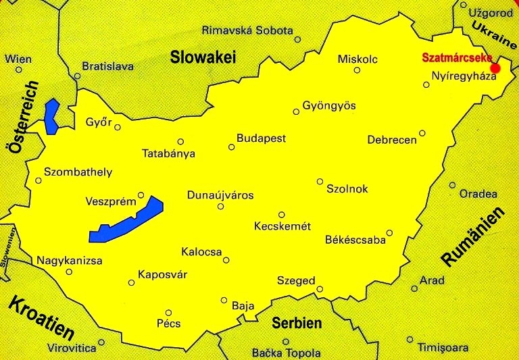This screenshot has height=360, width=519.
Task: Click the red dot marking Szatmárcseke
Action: tap(495, 68)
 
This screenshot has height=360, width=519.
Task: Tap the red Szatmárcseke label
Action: tap(457, 58)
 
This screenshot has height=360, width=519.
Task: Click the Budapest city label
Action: tap(261, 138)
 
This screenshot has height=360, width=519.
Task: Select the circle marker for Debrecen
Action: tap(422, 133)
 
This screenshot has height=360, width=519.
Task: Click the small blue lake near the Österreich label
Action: tap(51, 115)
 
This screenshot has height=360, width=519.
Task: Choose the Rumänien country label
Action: tap(474, 236)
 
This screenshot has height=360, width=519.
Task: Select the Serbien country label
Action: tap(297, 323)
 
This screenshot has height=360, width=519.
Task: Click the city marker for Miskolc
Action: tap(357, 70)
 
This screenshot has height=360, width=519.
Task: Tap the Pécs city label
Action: tap(168, 324)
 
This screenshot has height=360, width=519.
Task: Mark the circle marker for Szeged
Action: tap(320, 289)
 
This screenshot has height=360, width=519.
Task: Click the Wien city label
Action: tap(18, 59)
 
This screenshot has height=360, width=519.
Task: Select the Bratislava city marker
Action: tap(78, 76)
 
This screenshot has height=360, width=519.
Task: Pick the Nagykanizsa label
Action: tap(69, 260)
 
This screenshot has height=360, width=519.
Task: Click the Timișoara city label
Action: tap(443, 348)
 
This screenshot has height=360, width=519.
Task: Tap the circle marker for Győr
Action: tap(118, 127)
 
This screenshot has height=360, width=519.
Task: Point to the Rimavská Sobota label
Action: tap(247, 30)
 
